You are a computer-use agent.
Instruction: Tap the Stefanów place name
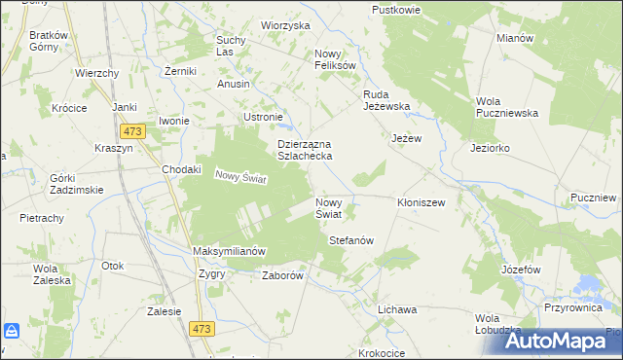351,239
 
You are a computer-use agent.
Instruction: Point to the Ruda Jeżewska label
388,100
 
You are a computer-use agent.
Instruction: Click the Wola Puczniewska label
507,107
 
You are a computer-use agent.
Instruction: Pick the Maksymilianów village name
230,251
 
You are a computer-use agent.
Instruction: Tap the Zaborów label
284,275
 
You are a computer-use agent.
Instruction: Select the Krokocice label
382,353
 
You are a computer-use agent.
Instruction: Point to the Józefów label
521,268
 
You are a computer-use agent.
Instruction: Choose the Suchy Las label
231,46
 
